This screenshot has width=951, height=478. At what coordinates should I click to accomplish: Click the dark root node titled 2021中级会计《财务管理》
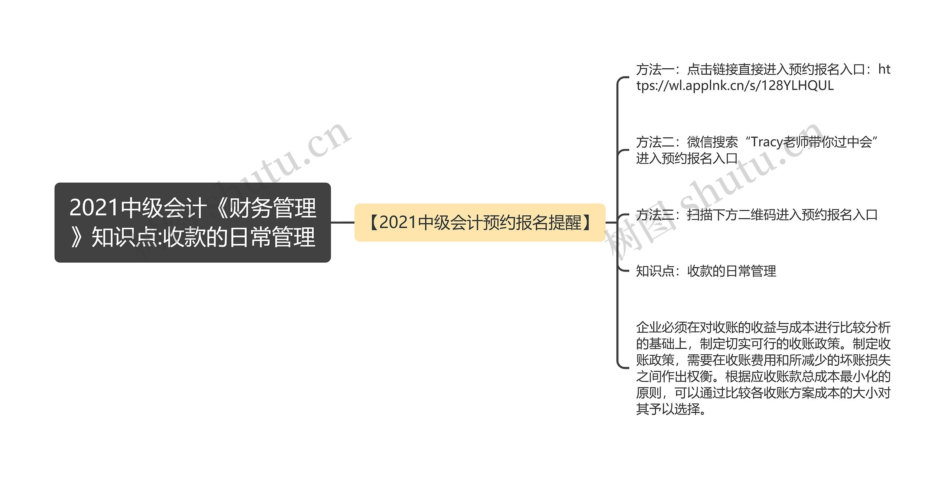pyautogui.click(x=192, y=222)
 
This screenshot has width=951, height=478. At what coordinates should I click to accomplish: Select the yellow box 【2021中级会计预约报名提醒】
pyautogui.click(x=480, y=222)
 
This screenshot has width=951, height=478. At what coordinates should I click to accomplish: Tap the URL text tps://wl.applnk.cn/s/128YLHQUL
pyautogui.click(x=735, y=86)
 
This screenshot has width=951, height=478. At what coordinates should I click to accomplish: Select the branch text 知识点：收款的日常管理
pyautogui.click(x=706, y=271)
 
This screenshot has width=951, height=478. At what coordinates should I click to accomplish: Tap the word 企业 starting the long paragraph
pyautogui.click(x=649, y=328)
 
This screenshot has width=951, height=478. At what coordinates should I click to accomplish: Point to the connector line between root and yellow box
pyautogui.click(x=343, y=222)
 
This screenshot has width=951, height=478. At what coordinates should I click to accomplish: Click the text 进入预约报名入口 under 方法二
pyautogui.click(x=687, y=159)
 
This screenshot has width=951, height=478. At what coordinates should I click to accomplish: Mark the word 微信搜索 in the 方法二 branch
pyautogui.click(x=713, y=142)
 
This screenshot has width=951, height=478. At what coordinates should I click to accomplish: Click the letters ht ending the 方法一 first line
pyautogui.click(x=884, y=69)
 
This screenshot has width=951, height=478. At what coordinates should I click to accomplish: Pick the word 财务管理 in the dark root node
pyautogui.click(x=272, y=208)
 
